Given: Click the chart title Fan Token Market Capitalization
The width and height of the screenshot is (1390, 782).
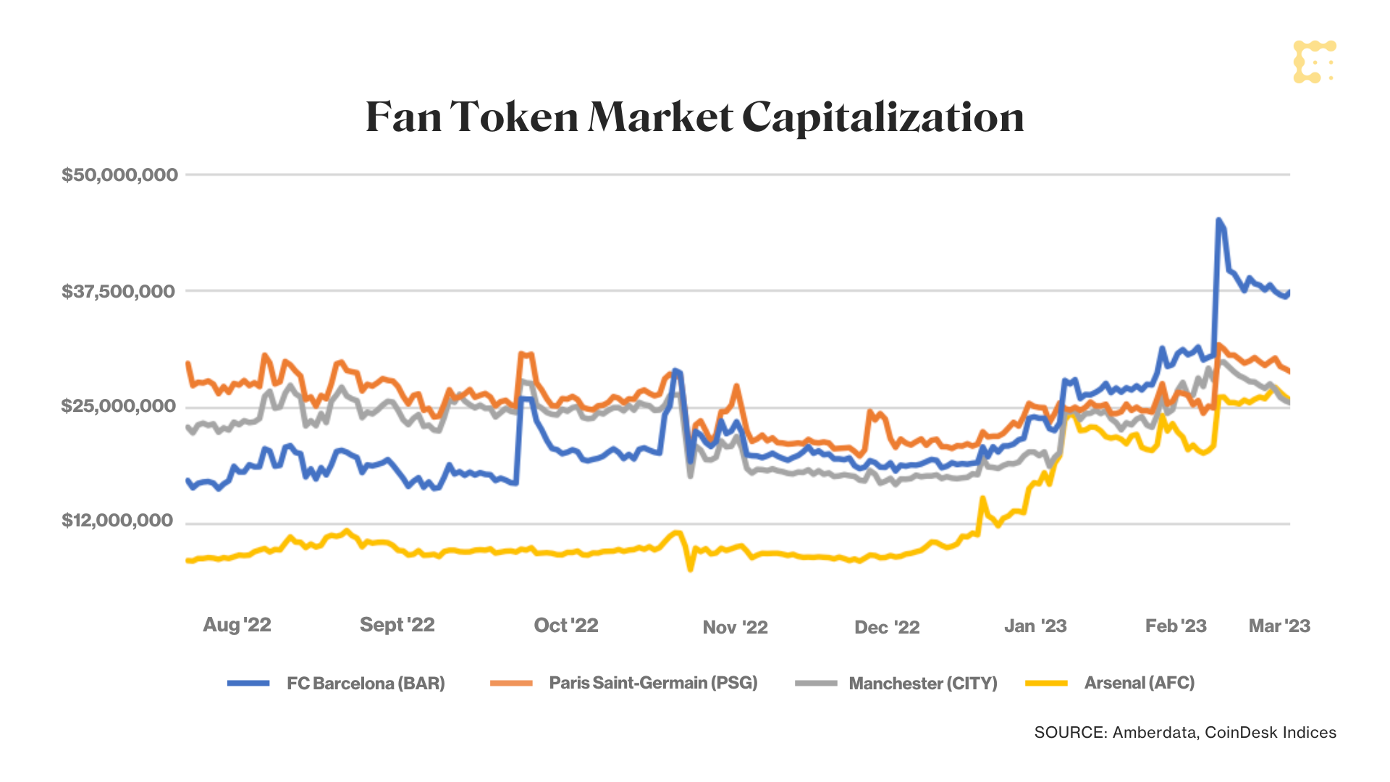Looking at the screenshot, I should click(694, 117).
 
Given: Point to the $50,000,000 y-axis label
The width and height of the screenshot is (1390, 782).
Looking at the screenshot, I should click(119, 175).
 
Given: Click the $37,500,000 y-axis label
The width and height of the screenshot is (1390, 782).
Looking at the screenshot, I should click(118, 291).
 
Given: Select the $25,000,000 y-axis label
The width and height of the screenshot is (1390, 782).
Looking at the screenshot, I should click(118, 405).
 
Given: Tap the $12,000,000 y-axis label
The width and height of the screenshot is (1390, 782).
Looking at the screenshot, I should click(117, 521).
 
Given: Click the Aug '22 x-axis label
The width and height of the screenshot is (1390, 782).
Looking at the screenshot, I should click(237, 625).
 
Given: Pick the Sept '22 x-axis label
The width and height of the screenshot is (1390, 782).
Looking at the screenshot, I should click(397, 625).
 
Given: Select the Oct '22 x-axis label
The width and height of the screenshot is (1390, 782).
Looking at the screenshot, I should click(565, 626).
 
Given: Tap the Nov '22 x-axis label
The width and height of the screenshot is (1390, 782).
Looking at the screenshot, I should click(735, 627).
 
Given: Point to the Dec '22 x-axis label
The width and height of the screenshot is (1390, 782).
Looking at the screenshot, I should click(887, 627).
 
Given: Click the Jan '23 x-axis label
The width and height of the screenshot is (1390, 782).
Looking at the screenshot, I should click(1035, 626).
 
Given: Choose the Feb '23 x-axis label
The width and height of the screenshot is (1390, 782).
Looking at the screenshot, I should click(1176, 626).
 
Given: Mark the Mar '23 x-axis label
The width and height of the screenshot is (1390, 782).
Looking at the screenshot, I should click(1279, 626).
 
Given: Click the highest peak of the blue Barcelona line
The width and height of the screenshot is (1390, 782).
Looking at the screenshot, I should click(1218, 219).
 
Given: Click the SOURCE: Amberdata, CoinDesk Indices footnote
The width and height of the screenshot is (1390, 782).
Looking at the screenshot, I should click(1185, 732).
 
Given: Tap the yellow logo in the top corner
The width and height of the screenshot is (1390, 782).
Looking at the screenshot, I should click(1314, 62).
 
